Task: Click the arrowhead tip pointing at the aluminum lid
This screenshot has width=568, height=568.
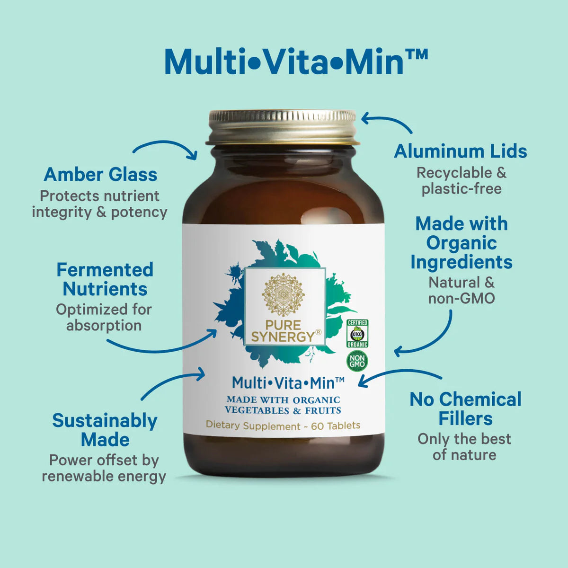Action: (x=362, y=119)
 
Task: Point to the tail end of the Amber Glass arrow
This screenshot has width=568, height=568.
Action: (x=133, y=152)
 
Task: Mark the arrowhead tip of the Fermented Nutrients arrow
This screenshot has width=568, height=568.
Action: (x=217, y=330)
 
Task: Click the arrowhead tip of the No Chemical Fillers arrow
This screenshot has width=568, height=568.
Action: (x=358, y=385)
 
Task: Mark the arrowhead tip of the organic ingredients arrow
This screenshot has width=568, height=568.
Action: (x=394, y=351)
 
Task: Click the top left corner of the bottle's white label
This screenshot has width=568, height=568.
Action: (x=182, y=224)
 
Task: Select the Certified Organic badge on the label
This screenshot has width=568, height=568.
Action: (x=357, y=333)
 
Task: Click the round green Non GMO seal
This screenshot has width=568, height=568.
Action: (x=357, y=361)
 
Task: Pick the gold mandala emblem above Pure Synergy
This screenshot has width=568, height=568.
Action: (x=283, y=294)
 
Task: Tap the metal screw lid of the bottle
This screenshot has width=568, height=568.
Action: (x=283, y=127)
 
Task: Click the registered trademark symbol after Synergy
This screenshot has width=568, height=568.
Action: (x=319, y=332)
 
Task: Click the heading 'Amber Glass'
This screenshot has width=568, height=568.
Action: (x=100, y=175)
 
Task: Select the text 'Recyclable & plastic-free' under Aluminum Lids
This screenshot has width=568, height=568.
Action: (x=461, y=181)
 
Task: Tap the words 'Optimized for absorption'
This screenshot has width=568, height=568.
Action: (x=104, y=318)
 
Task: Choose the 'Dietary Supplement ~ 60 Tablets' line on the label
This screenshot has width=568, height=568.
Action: (x=283, y=426)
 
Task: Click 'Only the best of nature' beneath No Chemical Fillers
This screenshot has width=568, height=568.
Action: (x=464, y=447)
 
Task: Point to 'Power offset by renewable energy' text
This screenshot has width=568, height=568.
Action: (x=104, y=469)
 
